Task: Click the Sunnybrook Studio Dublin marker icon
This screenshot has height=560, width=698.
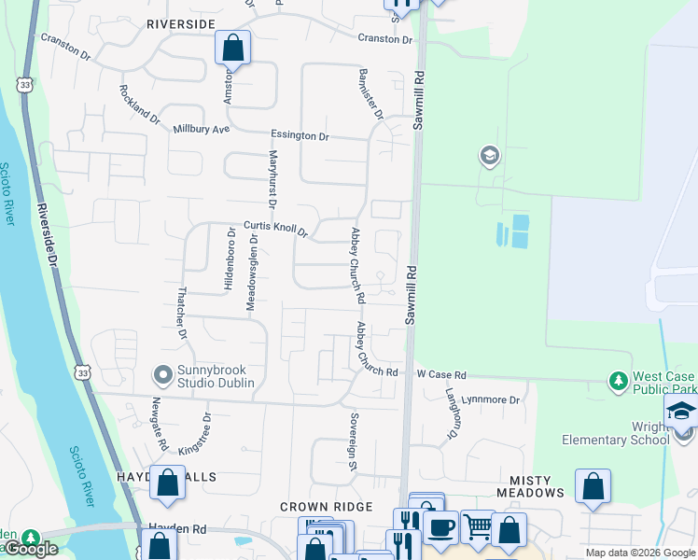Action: (x=163, y=376)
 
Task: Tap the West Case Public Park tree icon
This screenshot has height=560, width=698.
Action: (x=618, y=381)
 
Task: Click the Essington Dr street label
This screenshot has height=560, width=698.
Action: (x=300, y=135)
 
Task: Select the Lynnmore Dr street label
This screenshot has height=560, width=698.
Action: (x=495, y=399)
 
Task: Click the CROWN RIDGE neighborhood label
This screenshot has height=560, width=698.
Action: (x=327, y=507)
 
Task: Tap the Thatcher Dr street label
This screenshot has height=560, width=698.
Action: (x=182, y=312)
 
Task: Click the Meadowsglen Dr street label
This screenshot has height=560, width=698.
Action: (x=251, y=271)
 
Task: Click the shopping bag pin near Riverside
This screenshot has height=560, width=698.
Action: (x=232, y=46)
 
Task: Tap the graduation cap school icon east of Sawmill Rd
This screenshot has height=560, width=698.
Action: (x=489, y=156)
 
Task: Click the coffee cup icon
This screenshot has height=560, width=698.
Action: (x=440, y=526)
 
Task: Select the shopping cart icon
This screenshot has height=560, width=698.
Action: (x=477, y=526)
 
